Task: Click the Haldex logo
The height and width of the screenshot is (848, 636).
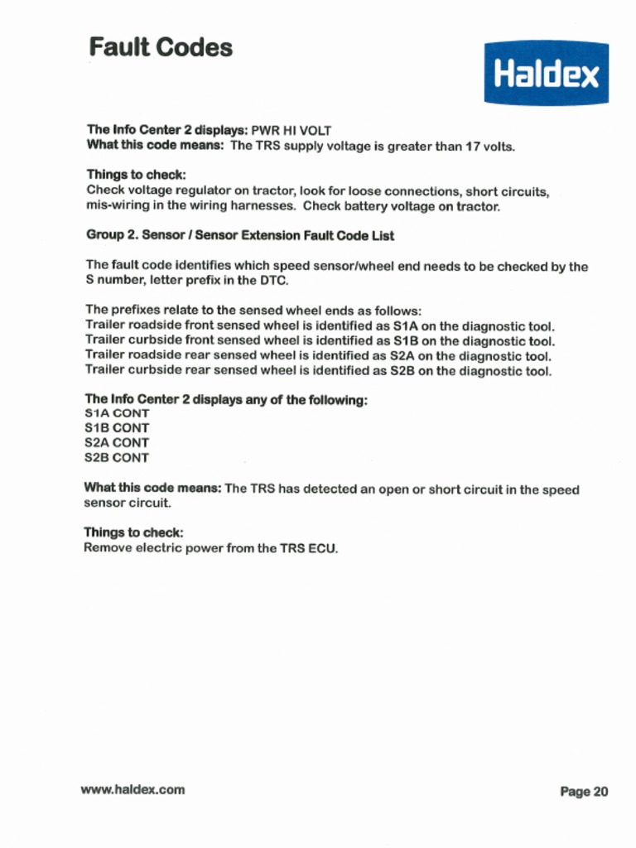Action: (x=546, y=74)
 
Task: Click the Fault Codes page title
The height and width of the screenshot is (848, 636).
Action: (x=161, y=47)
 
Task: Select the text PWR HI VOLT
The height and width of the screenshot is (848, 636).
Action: (x=291, y=131)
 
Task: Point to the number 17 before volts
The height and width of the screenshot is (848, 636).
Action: (x=471, y=147)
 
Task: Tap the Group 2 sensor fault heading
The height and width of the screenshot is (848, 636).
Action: (x=240, y=236)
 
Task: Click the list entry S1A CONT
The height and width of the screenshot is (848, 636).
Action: (x=117, y=413)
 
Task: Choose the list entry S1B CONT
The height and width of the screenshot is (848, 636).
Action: (x=117, y=428)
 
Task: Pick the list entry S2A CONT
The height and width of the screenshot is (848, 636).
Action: (x=117, y=443)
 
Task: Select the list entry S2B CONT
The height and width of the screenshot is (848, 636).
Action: (x=117, y=458)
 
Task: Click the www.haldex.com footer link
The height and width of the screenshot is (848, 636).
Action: (x=132, y=789)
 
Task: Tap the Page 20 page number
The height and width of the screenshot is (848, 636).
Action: (x=584, y=792)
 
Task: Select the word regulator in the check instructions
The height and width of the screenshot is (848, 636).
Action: (x=201, y=191)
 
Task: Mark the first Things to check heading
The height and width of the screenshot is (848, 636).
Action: (x=136, y=176)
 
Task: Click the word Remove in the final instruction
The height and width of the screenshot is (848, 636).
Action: (x=108, y=548)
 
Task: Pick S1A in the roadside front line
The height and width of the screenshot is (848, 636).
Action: (x=405, y=326)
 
